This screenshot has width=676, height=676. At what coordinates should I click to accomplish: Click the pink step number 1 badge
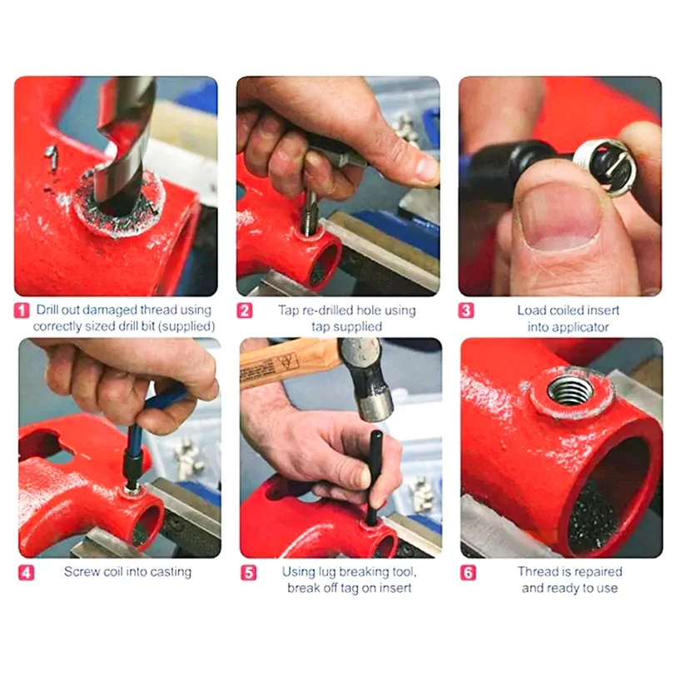(22, 311)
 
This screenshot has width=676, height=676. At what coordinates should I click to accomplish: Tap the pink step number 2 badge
(245, 311)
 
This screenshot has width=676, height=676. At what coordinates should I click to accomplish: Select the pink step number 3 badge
(465, 311)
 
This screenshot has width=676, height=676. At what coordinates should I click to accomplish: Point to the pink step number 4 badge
(26, 573)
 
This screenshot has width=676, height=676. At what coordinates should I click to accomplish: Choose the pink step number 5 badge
(249, 573)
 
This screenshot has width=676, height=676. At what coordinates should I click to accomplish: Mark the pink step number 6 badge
(468, 573)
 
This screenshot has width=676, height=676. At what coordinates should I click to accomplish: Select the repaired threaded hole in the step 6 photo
(570, 391)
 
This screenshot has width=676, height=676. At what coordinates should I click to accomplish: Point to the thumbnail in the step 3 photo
(559, 215)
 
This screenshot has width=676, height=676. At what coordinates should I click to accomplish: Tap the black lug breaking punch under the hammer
(375, 478)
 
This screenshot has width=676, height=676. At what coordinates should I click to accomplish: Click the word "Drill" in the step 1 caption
(47, 310)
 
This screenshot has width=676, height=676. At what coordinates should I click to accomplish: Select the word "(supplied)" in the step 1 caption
(186, 326)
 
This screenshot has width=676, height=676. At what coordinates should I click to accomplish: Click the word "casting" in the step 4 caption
(171, 572)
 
